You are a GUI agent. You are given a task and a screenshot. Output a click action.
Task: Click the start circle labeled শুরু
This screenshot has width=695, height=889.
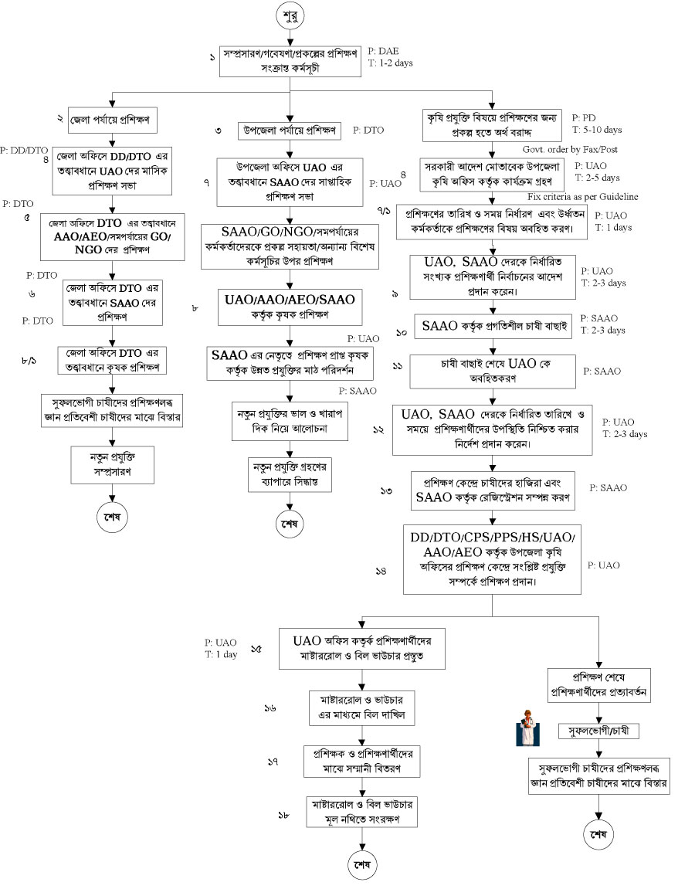click(291, 15)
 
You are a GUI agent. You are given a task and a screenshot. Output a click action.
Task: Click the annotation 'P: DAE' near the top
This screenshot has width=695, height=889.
click(385, 51)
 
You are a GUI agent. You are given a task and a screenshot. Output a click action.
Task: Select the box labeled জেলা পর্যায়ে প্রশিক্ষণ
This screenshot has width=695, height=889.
click(113, 120)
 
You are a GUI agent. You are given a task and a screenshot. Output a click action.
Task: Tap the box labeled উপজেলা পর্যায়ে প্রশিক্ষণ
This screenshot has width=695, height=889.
click(289, 131)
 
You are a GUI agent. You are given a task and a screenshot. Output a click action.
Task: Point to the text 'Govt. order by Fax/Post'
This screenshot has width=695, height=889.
click(571, 149)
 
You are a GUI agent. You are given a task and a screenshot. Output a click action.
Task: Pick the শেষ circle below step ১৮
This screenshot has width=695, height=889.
click(362, 861)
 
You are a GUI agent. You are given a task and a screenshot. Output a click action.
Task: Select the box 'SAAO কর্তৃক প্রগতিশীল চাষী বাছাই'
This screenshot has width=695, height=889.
click(493, 325)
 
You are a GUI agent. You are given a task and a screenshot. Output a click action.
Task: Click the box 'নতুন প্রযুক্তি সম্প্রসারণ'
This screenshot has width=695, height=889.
click(114, 462)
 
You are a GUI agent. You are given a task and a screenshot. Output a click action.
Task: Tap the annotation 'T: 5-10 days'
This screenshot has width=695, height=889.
click(598, 130)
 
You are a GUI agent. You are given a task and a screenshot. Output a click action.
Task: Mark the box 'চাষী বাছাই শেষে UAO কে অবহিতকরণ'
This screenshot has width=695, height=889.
click(493, 371)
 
